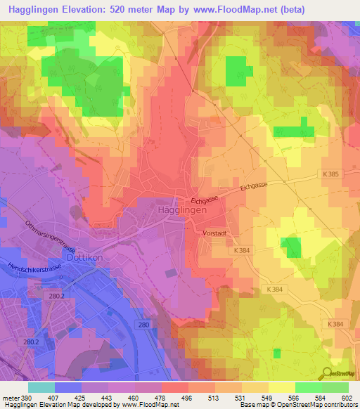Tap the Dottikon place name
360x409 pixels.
(x=85, y=257)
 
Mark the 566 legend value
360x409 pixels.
(x=292, y=397)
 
